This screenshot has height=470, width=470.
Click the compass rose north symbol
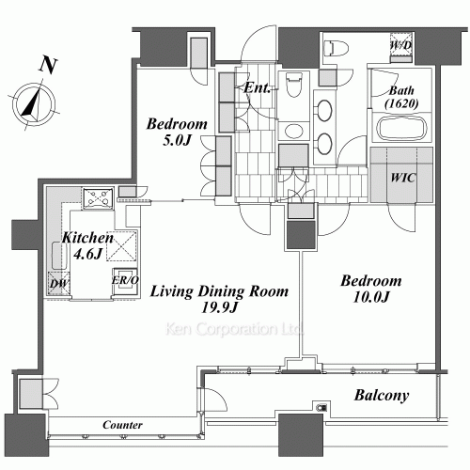coord(34,104)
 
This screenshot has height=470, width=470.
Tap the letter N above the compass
coord(48,66)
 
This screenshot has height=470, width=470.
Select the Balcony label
coord(382,396)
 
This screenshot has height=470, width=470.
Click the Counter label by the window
coord(122,425)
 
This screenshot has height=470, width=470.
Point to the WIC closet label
coord(403,178)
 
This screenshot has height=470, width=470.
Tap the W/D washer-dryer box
coord(401,48)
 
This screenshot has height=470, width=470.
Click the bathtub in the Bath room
coord(402,129)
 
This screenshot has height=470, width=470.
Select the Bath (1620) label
coord(401,97)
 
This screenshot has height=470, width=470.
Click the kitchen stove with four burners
coord(98,198)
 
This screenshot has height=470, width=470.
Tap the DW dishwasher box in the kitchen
coord(59,284)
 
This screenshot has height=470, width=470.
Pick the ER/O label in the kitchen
coord(125,280)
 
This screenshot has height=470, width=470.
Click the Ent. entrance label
coord(257,88)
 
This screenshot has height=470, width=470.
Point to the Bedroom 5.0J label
coord(177,132)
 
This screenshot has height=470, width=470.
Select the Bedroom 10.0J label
coord(371,289)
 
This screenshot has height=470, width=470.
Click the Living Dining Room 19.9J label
coord(219,299)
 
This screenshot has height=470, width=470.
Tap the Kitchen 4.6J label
coord(87,246)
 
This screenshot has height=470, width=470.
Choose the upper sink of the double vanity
coord(324,110)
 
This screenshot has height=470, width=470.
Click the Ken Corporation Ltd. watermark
coord(235,329)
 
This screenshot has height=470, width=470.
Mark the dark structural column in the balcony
coord(301,435)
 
